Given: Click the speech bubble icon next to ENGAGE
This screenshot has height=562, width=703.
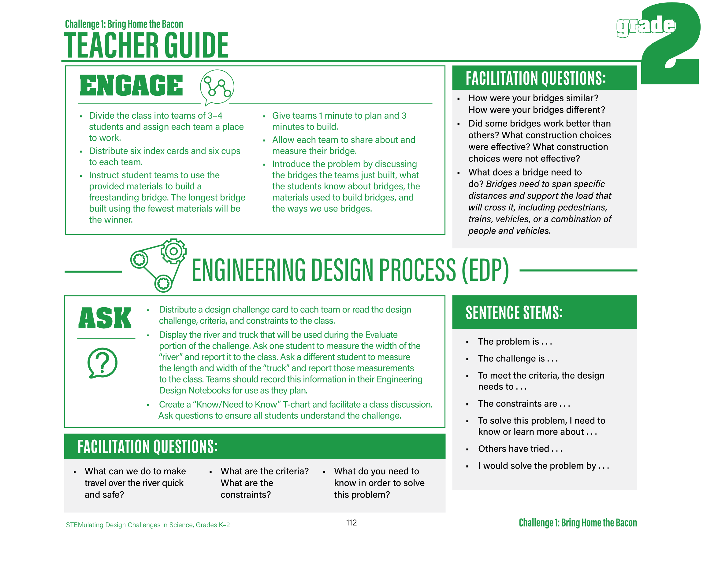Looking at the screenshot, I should point(217,87).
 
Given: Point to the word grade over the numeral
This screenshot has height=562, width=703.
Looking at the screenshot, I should point(645,26).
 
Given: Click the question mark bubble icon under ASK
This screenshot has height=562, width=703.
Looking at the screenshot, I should point(102,363).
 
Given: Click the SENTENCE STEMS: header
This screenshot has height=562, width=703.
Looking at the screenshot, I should point(514,312).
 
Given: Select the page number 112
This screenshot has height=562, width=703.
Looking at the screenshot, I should point(351,523).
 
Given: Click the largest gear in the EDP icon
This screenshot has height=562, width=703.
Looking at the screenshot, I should point(173,251).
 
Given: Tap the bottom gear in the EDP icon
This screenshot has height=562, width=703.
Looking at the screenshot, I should point(163,283).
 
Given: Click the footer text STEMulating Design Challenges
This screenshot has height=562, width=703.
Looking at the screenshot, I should point(148,525).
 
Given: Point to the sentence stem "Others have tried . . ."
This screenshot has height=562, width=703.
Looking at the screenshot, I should point(520,449).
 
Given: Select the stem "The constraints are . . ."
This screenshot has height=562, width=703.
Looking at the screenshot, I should point(524,404).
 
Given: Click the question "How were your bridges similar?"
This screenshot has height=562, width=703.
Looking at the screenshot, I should point(533,98).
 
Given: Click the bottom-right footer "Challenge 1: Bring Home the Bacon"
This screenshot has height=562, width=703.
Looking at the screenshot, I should point(578,523).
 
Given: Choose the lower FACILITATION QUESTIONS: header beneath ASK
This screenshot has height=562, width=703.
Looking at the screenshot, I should point(147,446).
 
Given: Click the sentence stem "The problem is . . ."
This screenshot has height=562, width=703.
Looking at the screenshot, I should point(515,341).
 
